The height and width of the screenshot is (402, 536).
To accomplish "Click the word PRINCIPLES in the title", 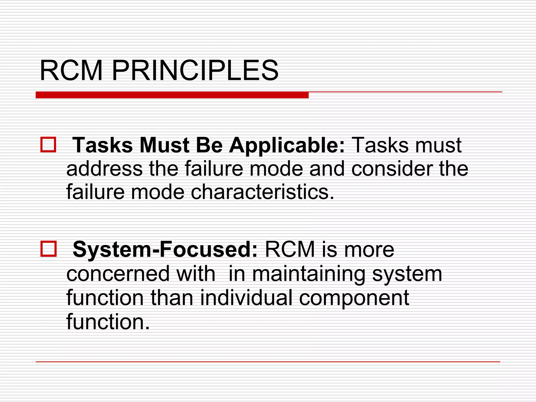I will coord(195,71).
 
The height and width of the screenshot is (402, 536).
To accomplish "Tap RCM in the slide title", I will coord(71,71).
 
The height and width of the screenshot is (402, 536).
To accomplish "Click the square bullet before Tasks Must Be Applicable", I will coord(48,144).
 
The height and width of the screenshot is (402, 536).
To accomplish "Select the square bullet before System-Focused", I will coord(48,249).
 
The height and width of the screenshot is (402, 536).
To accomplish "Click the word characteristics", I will coord(263,192).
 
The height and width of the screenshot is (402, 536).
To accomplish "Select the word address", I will coord(104,169).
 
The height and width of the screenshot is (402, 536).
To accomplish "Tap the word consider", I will coord(392,169).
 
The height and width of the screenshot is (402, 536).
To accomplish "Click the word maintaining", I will coord(309,274).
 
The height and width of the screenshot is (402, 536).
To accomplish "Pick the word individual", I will coord(246,298).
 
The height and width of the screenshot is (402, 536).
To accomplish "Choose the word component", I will coord(354,298).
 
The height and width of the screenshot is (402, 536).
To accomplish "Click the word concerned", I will coord(118,274).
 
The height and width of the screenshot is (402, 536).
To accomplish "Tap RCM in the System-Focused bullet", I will coord(290,250).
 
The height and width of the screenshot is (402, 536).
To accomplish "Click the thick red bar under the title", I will coord(172,95).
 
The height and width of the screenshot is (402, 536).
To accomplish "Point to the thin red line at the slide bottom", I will coord(268,362).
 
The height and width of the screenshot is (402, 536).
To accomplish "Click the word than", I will coord(172,298).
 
